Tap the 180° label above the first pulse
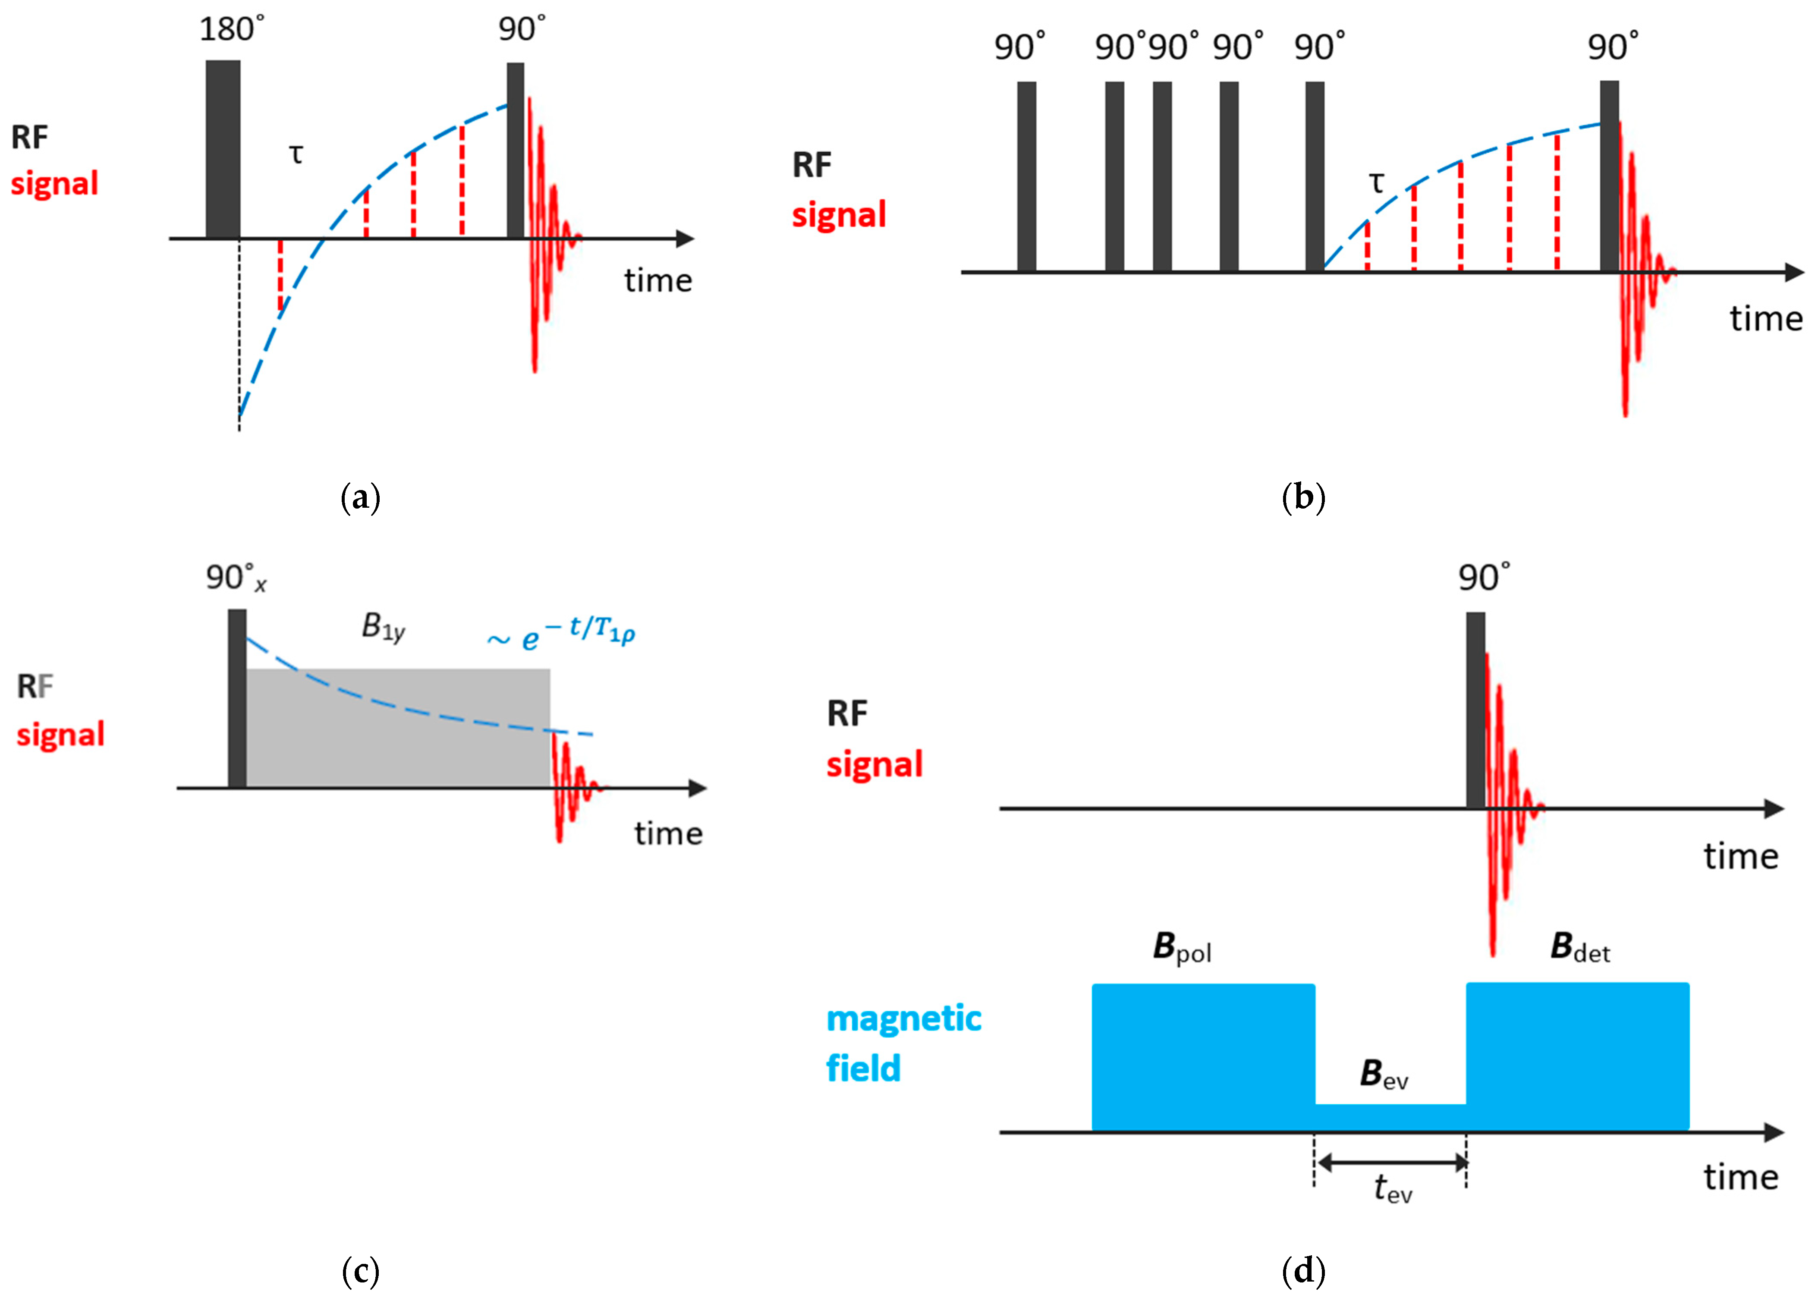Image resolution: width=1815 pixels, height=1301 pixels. (231, 30)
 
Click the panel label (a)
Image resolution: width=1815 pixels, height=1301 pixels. (360, 498)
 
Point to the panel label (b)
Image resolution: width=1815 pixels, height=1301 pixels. (1303, 498)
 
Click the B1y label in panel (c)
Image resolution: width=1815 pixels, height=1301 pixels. (384, 627)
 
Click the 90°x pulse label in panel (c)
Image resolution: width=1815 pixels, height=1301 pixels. (235, 578)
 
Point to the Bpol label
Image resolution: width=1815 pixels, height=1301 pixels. (1181, 948)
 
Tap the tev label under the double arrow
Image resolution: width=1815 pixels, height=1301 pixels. (1393, 1190)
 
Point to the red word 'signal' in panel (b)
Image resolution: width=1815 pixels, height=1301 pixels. (839, 214)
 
